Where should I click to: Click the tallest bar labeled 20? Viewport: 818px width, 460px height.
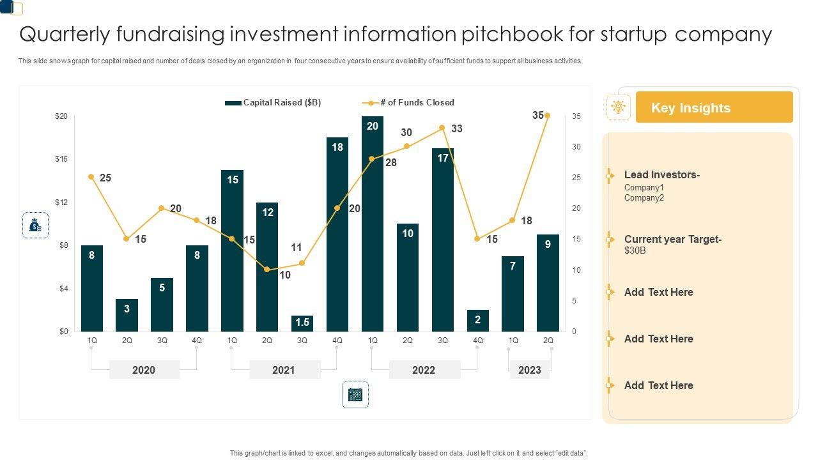(373, 224)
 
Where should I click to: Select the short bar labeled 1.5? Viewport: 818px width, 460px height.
(302, 323)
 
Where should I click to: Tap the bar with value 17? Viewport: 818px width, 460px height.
(443, 240)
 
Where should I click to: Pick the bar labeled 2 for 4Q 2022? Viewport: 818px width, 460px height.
(477, 321)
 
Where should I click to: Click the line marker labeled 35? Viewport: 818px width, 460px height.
(548, 116)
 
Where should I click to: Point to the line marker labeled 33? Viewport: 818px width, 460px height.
(442, 128)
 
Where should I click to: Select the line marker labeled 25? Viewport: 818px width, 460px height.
(91, 177)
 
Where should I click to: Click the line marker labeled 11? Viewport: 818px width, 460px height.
(302, 263)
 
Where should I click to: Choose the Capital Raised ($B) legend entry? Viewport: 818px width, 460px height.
(273, 102)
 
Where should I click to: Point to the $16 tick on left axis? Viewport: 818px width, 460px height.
(61, 158)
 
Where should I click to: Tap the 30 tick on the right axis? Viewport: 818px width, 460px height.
(576, 147)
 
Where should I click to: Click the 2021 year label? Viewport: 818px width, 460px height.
(284, 370)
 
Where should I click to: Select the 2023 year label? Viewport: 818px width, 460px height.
(529, 370)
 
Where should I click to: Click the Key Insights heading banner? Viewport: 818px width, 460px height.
(714, 107)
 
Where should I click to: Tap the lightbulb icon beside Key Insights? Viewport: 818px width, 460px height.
(618, 107)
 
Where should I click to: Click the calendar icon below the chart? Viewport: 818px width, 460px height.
(355, 394)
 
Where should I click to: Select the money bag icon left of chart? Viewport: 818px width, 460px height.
(36, 226)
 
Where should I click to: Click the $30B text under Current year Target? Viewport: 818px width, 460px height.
(635, 250)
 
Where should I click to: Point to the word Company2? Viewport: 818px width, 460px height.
(644, 198)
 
